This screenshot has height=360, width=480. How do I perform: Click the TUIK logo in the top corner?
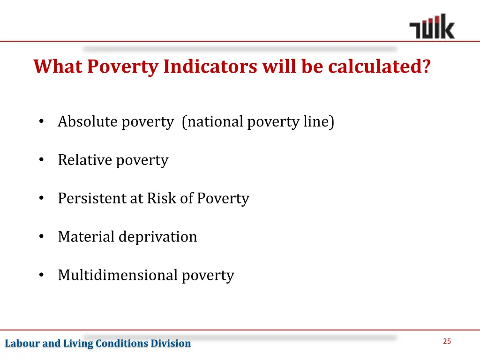pos(431,27)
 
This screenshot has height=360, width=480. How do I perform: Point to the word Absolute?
pos(87,122)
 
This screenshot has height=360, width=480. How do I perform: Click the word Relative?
pos(85,160)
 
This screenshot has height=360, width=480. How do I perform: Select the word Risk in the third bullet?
pos(162,198)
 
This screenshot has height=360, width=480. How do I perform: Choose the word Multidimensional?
pos(118,275)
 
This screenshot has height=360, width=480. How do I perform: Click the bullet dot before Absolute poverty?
pos(42,122)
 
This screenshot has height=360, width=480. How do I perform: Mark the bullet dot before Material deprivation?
pos(42,237)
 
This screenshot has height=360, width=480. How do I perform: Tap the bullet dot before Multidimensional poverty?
pos(42,275)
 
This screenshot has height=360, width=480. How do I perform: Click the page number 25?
pos(447,341)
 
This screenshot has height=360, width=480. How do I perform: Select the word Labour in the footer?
pos(22,344)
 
